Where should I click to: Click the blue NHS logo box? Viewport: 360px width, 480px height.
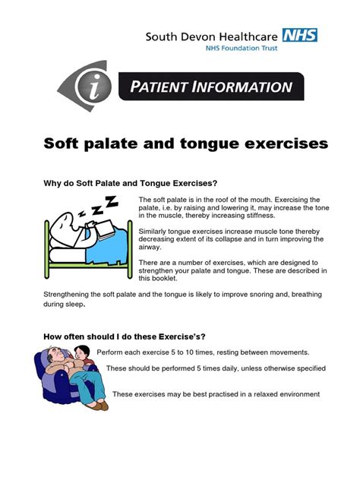click(x=299, y=35)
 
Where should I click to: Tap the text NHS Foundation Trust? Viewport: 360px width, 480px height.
click(x=242, y=48)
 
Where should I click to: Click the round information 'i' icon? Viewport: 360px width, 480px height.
click(x=93, y=86)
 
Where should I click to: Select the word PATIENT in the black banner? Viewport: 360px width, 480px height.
click(x=158, y=87)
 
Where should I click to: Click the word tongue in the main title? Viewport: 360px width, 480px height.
click(x=210, y=144)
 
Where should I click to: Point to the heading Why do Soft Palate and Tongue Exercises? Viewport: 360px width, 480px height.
click(x=131, y=183)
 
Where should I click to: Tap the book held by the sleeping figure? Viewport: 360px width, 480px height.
click(x=105, y=229)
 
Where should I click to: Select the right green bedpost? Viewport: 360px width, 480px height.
click(x=130, y=249)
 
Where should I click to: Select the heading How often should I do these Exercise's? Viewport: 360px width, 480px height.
click(x=125, y=336)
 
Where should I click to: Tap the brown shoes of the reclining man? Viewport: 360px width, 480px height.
click(x=99, y=406)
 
